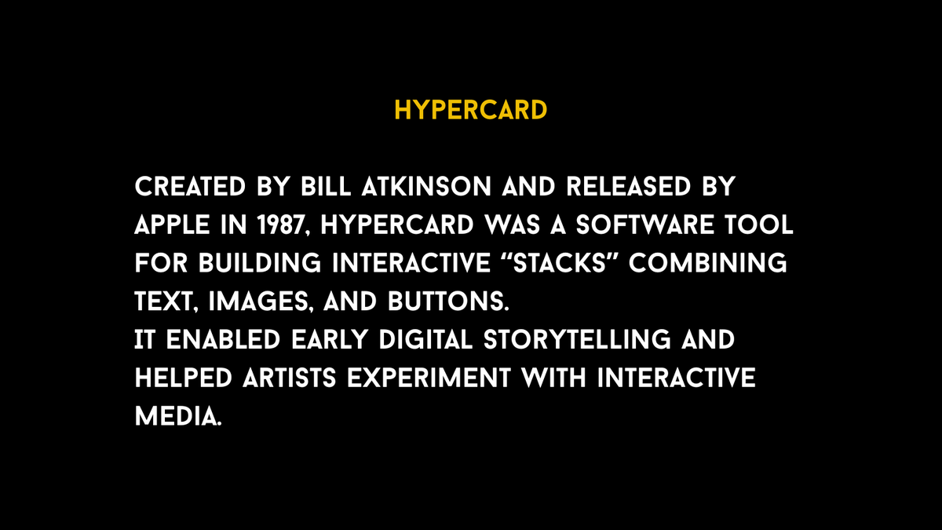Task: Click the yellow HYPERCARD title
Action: coord(470,110)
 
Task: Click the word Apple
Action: coord(172,225)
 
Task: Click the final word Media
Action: coord(177,415)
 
